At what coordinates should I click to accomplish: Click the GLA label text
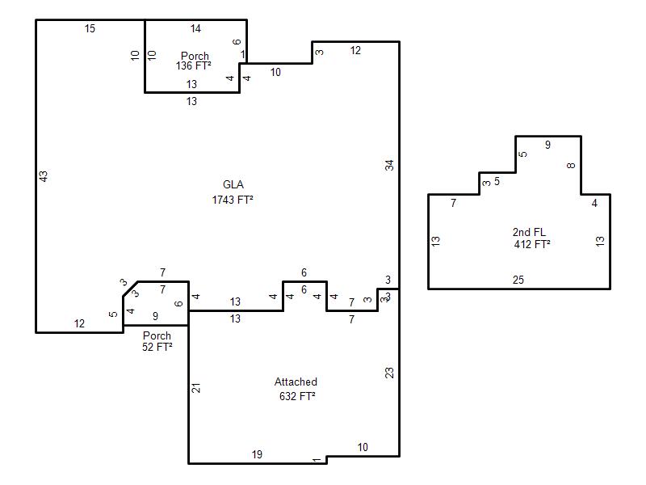233,185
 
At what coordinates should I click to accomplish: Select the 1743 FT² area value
233,200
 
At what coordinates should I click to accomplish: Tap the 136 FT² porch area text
193,65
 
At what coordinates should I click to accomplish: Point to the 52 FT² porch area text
157,347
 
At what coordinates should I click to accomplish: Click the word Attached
296,382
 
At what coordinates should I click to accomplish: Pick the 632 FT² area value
297,396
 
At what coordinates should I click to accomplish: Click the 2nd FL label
529,232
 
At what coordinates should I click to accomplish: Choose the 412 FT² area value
532,244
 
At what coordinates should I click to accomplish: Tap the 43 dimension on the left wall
44,176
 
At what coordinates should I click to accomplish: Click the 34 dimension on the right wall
389,166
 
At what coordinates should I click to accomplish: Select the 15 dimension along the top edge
90,28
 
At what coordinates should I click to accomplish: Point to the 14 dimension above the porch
195,28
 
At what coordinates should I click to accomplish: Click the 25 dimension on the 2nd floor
518,280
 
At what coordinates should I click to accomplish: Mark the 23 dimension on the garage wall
389,373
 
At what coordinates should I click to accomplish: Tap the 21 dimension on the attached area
196,388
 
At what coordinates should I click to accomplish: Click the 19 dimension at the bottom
257,454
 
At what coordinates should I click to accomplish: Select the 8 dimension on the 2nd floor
571,166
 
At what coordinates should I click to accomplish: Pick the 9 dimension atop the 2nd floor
547,145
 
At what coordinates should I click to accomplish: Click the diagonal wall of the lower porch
131,289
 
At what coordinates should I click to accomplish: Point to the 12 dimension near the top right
355,50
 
